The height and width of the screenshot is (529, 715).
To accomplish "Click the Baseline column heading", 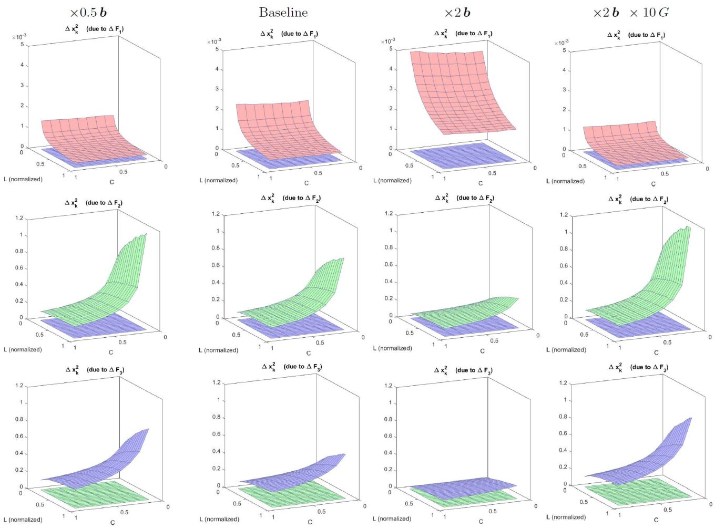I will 283,12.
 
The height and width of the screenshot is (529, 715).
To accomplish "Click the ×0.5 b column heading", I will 88,12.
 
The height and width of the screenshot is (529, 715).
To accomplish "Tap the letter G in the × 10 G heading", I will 663,12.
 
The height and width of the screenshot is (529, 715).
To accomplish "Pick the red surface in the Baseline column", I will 279,126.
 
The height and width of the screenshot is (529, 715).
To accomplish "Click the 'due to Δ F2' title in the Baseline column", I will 301,198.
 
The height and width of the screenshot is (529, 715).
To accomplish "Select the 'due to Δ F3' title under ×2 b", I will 474,370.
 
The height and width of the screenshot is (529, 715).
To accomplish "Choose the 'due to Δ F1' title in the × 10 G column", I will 646,35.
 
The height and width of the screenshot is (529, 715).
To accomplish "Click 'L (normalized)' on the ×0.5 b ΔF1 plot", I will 23,179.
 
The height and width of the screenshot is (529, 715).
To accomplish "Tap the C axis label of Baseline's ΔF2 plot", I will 309,353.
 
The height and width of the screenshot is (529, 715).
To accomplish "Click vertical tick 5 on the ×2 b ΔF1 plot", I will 391,49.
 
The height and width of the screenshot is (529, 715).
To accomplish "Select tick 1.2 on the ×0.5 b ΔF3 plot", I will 19,386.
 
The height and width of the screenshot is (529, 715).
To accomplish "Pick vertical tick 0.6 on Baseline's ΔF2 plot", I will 216,265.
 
